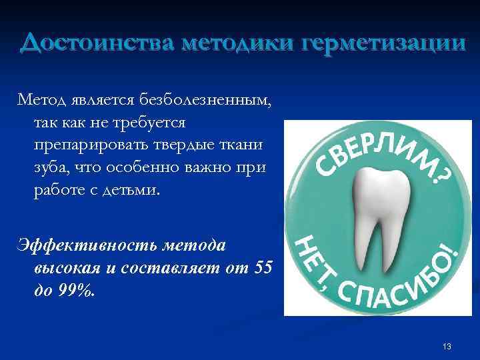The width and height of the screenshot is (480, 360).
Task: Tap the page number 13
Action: click(x=446, y=346)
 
